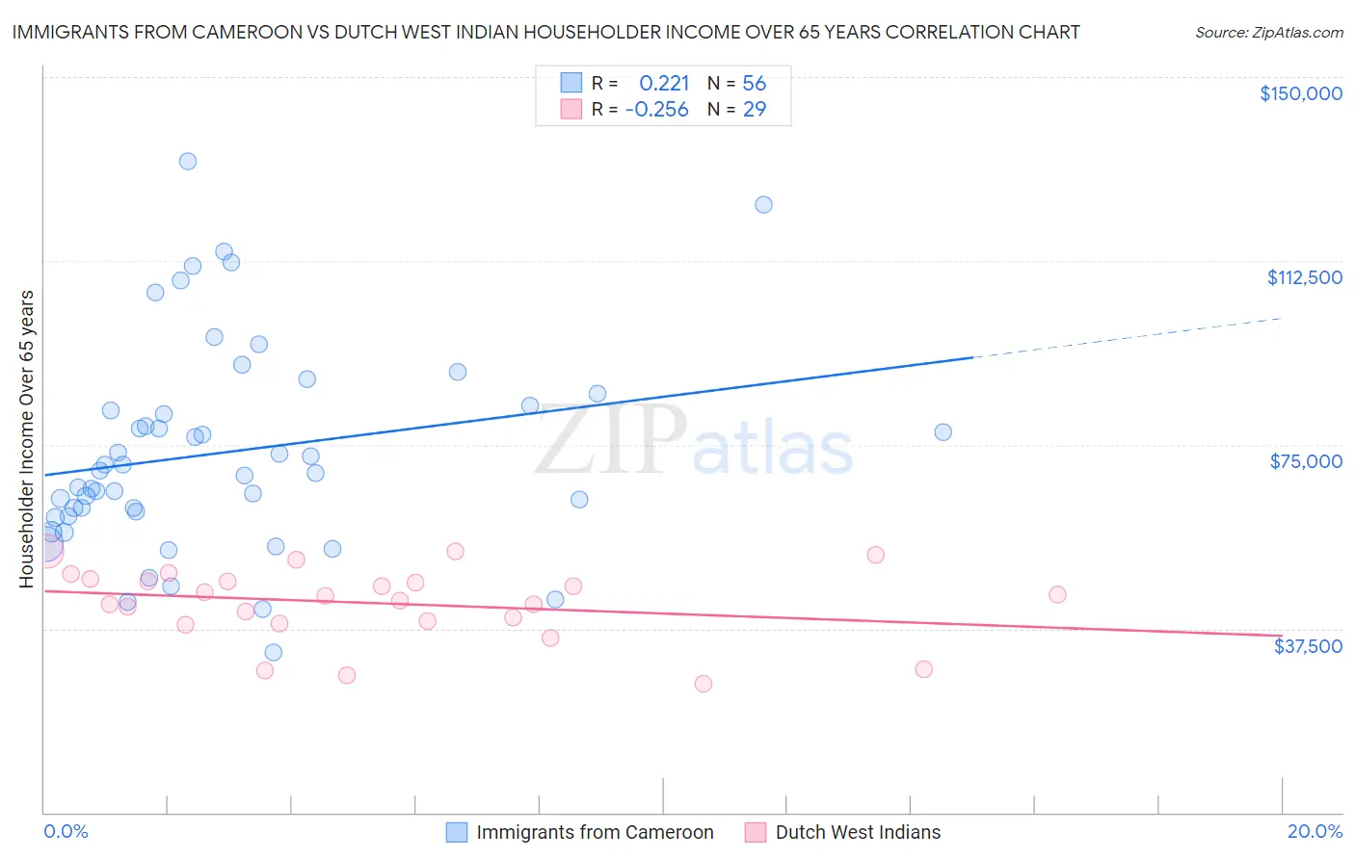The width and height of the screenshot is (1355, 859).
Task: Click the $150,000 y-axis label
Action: [x=1300, y=93]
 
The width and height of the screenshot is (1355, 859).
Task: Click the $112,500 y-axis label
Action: [x=1304, y=277]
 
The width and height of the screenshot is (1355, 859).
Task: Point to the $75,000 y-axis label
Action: [x=1306, y=461]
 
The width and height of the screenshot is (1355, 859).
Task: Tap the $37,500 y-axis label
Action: [x=1308, y=646]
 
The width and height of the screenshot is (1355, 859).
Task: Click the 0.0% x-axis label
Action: [x=66, y=831]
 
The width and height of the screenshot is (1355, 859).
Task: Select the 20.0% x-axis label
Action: [x=1315, y=831]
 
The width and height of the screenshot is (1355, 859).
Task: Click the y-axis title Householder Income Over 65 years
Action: [x=26, y=439]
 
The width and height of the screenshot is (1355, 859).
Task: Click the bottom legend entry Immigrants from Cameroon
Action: [x=595, y=832]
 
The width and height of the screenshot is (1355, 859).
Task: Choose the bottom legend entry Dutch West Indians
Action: [x=858, y=832]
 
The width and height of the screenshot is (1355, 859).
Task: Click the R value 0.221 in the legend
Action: [x=664, y=84]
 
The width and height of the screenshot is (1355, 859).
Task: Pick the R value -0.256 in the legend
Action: [x=656, y=110]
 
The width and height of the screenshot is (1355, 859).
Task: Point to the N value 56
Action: [x=754, y=84]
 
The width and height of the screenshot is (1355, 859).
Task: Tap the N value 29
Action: [x=754, y=110]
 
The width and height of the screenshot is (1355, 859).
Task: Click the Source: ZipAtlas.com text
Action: [x=1268, y=32]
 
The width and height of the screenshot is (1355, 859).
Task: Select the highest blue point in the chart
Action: [x=188, y=161]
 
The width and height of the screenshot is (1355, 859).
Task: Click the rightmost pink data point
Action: [x=1057, y=594]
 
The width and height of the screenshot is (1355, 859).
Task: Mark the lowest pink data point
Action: [x=704, y=684]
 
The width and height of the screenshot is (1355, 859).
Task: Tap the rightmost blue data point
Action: [x=943, y=432]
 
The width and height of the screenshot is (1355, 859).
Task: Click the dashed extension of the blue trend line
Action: [x=1128, y=338]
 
